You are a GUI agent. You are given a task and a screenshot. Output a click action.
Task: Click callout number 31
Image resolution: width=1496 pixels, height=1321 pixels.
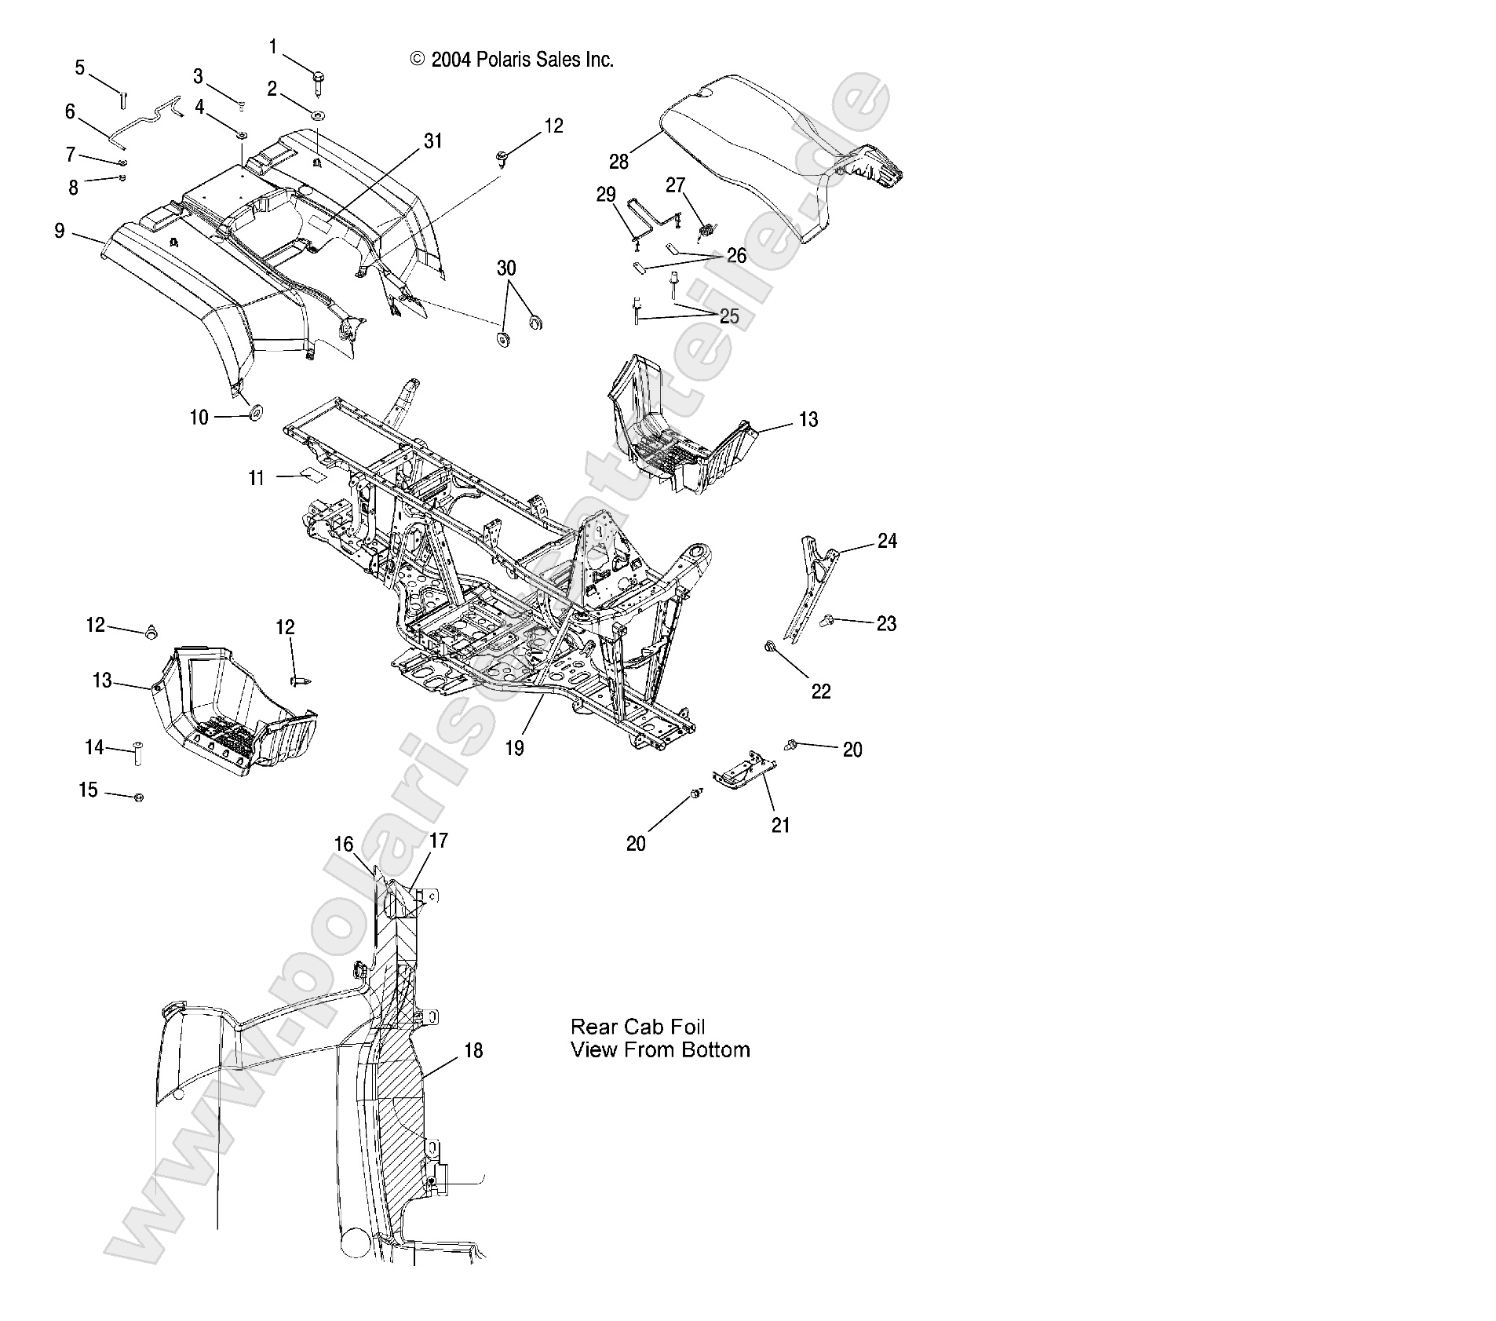point(433,141)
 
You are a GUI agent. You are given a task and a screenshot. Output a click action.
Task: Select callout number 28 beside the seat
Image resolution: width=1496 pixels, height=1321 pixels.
point(618,162)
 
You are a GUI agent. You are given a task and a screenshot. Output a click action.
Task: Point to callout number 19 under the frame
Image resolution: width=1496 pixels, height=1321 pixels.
point(514,748)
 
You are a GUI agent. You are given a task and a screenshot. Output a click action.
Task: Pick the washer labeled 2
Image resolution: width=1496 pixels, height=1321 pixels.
point(319,115)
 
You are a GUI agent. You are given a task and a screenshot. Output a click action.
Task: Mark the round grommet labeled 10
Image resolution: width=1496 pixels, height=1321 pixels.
point(255,414)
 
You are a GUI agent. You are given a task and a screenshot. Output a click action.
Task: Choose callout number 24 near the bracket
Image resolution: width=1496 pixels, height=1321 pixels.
point(887,541)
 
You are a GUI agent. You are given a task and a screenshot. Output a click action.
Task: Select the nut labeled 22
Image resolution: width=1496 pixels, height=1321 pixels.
point(771,647)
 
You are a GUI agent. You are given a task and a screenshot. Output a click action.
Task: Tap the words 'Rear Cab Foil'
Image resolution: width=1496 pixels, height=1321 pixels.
point(637,1027)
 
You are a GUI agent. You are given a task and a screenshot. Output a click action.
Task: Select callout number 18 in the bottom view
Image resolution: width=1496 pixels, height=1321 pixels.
point(473,1050)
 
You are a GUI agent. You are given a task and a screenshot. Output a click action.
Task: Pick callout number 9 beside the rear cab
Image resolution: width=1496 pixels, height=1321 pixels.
point(60,231)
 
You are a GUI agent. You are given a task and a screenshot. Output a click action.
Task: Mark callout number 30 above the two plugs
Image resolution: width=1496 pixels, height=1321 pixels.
point(506,268)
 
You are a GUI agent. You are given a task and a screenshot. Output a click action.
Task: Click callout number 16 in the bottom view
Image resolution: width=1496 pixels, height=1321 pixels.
point(344,844)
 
